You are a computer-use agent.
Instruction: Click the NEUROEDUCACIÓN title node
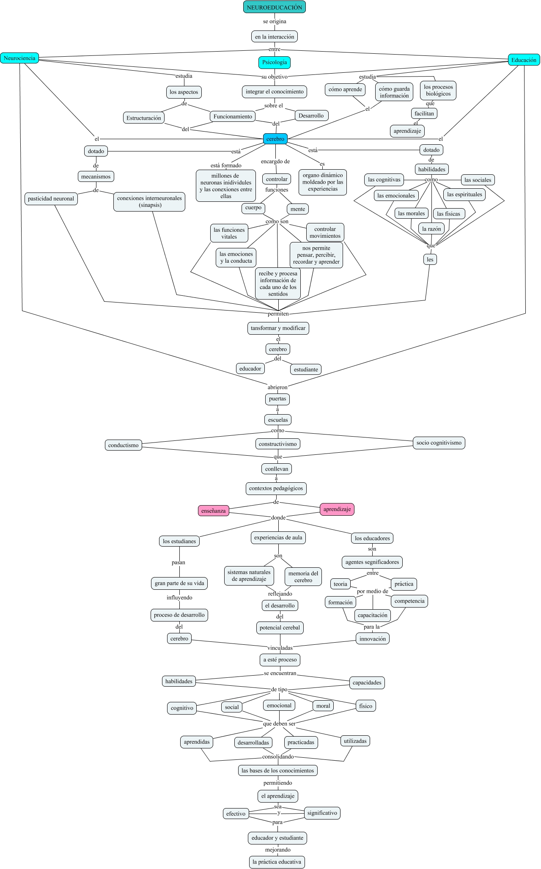click(275, 7)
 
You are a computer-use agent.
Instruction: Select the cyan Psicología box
click(275, 62)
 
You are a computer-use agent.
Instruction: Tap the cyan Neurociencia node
click(19, 58)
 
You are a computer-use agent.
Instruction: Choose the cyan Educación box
click(524, 60)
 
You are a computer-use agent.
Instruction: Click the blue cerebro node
click(275, 139)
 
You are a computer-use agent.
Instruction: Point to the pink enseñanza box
click(214, 511)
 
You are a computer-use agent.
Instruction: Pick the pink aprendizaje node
click(337, 509)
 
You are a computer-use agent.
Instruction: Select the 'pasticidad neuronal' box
click(51, 198)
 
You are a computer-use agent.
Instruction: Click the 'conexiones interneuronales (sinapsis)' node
click(149, 201)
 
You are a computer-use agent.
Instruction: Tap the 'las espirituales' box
click(464, 194)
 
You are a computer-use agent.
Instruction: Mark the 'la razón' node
click(431, 229)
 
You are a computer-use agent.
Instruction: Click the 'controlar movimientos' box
click(325, 232)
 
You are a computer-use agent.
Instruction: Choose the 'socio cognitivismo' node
click(439, 443)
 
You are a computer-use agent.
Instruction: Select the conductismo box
click(124, 445)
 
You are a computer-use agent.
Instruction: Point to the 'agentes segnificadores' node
click(372, 562)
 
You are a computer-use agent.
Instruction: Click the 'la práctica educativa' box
click(277, 861)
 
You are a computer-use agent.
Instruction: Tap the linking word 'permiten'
click(278, 313)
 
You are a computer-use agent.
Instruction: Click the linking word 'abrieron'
click(277, 387)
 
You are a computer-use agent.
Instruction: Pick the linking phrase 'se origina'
click(275, 21)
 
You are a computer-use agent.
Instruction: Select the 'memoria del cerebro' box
click(303, 577)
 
